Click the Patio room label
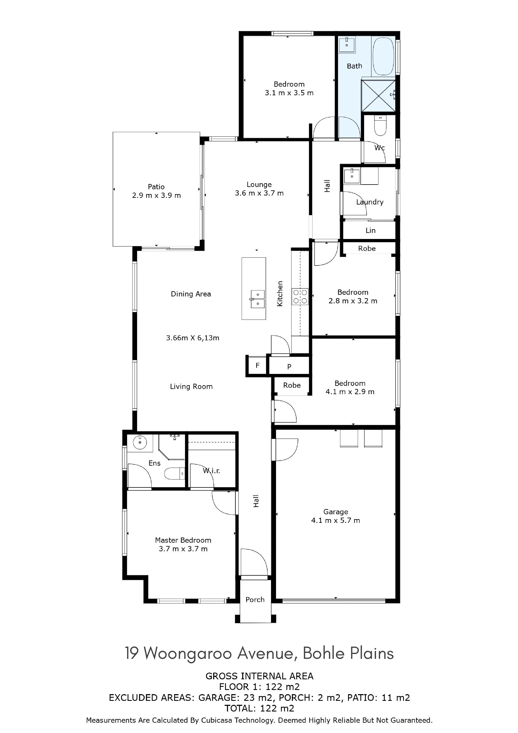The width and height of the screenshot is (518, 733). coord(156,187)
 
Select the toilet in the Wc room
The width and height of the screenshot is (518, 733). coord(380,126)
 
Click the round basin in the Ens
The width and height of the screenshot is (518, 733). coord(140,443)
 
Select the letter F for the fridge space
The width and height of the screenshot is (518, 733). coord(258,366)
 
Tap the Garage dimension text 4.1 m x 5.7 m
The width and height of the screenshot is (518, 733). coord(336,520)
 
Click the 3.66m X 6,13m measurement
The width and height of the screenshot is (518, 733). coord(193,338)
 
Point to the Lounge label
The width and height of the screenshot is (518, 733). coord(259,184)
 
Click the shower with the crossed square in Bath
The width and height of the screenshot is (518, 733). coord(378,95)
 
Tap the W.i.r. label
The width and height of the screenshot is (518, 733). coord(211,471)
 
